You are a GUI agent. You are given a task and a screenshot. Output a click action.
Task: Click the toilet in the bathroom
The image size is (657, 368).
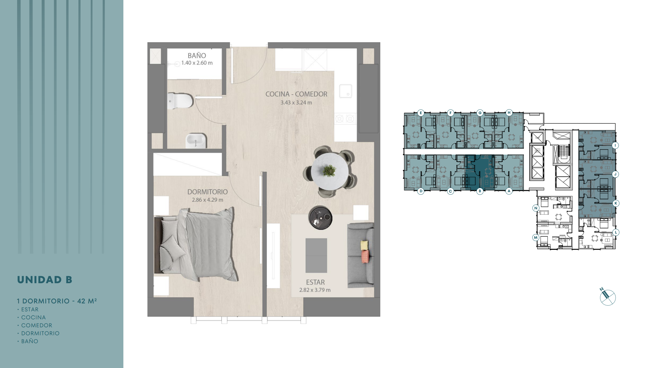[x=180, y=101]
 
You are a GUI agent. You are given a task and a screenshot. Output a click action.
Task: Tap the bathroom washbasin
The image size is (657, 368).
[x=196, y=141]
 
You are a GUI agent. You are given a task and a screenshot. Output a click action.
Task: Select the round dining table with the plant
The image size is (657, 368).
[x=330, y=171]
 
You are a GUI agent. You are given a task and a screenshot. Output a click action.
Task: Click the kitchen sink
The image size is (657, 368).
[x=345, y=91]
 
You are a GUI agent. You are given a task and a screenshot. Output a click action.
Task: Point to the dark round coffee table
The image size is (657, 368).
[x=320, y=218]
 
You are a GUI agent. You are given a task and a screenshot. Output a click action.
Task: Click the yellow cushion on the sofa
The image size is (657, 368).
[x=364, y=245]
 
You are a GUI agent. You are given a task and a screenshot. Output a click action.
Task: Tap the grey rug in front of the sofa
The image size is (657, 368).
[x=316, y=255]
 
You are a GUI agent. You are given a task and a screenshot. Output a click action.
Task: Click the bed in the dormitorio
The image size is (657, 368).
[x=196, y=244]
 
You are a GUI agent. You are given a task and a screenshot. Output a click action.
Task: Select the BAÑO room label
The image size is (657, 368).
[x=197, y=56]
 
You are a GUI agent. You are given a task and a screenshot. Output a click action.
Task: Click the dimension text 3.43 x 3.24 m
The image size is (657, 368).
[x=296, y=103]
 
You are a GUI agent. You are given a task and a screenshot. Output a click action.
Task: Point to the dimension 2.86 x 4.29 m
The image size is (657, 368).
[x=208, y=200]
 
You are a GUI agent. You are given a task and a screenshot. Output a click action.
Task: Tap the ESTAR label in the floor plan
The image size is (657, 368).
[x=315, y=282]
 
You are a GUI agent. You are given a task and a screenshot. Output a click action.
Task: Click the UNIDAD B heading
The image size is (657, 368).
[x=45, y=280]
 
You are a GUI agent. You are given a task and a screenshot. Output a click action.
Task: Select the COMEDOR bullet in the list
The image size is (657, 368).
[x=36, y=325]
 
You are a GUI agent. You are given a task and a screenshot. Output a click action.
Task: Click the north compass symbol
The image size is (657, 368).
[x=607, y=297]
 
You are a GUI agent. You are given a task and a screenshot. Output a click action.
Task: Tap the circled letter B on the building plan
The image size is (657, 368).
[x=480, y=191]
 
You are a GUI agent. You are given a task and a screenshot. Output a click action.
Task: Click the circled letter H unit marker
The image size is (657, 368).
[x=509, y=113]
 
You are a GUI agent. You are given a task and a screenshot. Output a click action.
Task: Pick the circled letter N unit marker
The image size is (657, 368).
[x=536, y=208]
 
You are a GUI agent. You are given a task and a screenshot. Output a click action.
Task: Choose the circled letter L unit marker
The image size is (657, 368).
[x=616, y=232]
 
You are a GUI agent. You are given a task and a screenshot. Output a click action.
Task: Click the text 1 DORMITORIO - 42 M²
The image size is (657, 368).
[x=57, y=301]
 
